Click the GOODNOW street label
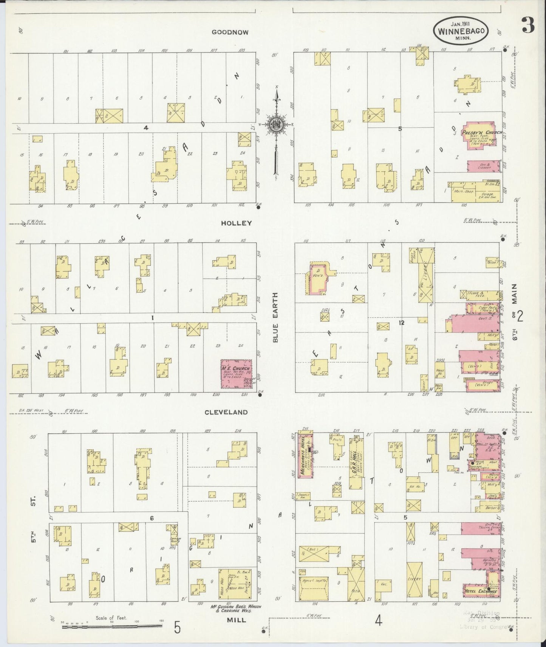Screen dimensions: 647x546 pyautogui.click(x=230, y=32)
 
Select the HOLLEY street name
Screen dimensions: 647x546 pyautogui.click(x=236, y=223)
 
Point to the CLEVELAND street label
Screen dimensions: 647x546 pyautogui.click(x=226, y=412)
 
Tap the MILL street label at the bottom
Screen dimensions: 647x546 pyautogui.click(x=236, y=620)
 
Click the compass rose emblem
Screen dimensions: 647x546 pyautogui.click(x=277, y=125)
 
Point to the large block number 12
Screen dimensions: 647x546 pyautogui.click(x=401, y=323)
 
